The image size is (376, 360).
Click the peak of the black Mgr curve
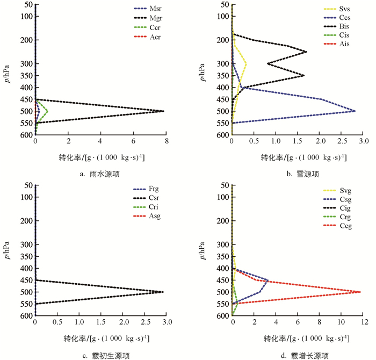pyautogui.click(x=164, y=111)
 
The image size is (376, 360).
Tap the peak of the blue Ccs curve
pyautogui.click(x=355, y=111)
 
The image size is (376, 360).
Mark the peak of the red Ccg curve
pyautogui.click(x=360, y=292)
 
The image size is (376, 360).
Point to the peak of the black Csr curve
pyautogui.click(x=163, y=292)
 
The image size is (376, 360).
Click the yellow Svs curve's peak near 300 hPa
pyautogui.click(x=246, y=63)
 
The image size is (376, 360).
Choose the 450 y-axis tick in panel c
pyautogui.click(x=24, y=280)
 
